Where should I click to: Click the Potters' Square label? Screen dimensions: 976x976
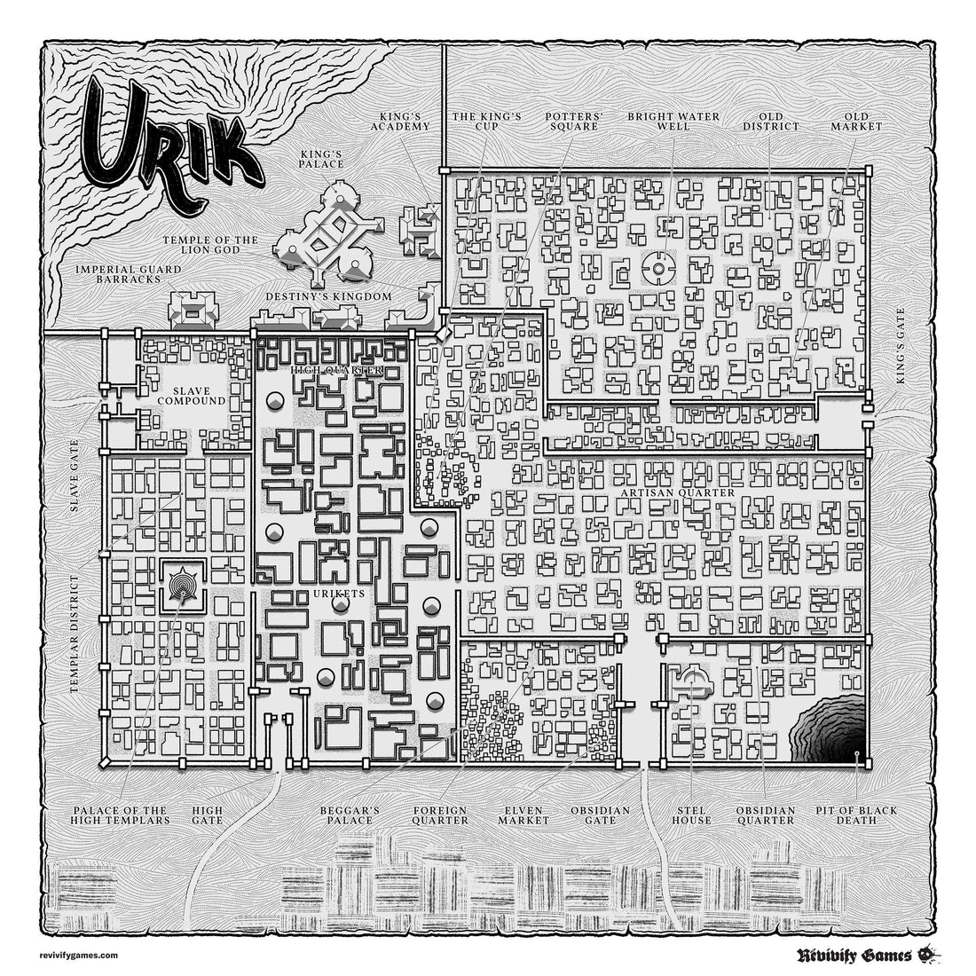click(x=571, y=121)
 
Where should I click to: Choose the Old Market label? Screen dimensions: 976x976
click(x=856, y=121)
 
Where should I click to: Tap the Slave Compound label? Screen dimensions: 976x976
click(x=192, y=395)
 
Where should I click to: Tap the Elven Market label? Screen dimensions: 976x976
click(x=523, y=815)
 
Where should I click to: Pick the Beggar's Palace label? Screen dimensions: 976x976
click(x=350, y=815)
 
